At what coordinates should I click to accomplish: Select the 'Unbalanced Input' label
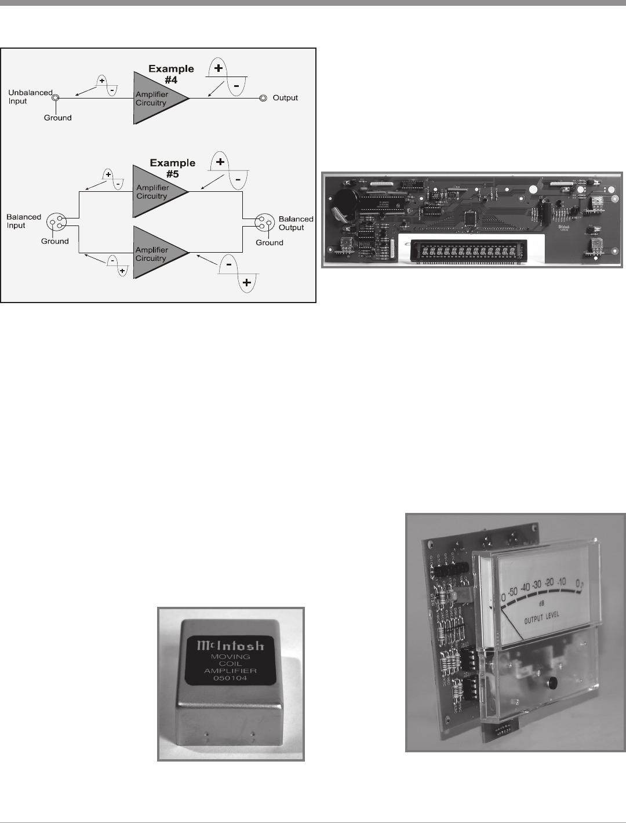point(30,97)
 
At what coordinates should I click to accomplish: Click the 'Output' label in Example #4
point(285,98)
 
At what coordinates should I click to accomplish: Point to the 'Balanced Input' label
point(24,221)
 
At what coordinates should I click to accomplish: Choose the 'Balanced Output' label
point(296,223)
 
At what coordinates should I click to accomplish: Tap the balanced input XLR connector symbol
point(57,221)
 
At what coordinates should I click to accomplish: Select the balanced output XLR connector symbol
point(264,222)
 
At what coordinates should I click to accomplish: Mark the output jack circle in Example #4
point(263,98)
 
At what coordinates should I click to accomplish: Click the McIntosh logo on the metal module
point(231,645)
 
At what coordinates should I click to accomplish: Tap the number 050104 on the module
point(231,678)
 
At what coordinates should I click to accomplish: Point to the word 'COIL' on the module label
point(231,664)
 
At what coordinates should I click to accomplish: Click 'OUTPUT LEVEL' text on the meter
point(542,616)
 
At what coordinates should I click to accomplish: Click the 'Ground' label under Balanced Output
point(270,243)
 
